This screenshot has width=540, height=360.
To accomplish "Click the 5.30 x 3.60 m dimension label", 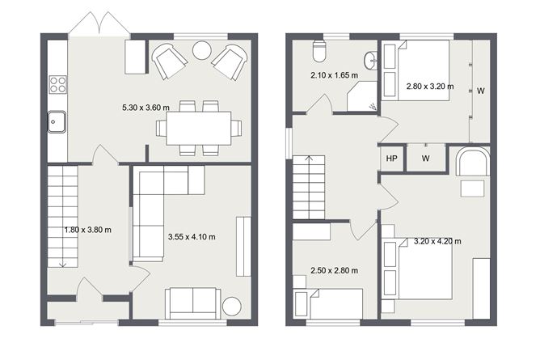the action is [x=146, y=108].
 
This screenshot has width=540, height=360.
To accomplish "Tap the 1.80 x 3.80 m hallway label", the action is [x=88, y=230].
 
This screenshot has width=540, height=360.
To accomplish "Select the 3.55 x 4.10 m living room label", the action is [x=192, y=237].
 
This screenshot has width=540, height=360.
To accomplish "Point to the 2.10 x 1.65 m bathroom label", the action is [x=334, y=74].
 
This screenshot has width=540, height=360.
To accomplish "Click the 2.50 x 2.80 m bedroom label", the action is [x=334, y=271].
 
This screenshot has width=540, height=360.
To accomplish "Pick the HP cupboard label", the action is [x=391, y=159].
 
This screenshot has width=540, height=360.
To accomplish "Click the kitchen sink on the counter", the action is [x=57, y=121].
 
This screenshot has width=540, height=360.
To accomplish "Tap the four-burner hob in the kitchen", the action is [x=58, y=84].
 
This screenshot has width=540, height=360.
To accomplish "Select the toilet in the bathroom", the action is [x=319, y=51].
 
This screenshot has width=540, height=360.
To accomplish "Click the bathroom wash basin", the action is [x=370, y=61].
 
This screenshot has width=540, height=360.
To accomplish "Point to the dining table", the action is [x=199, y=128].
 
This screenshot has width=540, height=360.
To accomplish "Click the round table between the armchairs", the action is [x=202, y=51].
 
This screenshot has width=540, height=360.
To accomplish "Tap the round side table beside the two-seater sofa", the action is [x=232, y=307].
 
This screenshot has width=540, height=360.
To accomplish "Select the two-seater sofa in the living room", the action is [x=193, y=303].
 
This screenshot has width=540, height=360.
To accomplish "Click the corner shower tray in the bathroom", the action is [x=362, y=96].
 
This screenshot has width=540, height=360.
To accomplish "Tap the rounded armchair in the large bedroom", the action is [x=473, y=162].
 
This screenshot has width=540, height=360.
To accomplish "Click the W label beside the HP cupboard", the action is [x=426, y=159].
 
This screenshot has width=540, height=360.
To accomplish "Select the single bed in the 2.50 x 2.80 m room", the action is [x=329, y=304].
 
